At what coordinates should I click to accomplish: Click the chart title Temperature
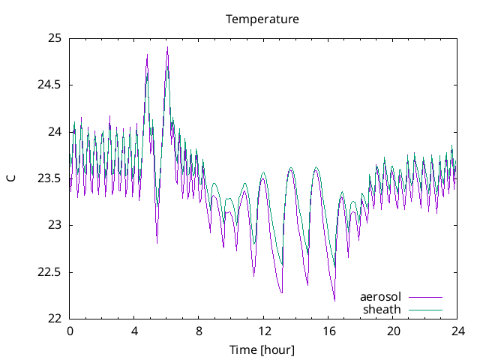pos(262,19)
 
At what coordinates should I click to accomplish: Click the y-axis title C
pos(10,178)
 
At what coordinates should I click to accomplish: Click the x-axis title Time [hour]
pos(262,349)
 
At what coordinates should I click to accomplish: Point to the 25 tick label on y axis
pos(54,38)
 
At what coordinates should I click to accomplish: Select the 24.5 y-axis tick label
pos(49,85)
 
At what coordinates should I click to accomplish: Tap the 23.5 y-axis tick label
pos(49,178)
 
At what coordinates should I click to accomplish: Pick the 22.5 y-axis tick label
pos(49,272)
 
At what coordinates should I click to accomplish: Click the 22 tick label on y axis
pos(54,319)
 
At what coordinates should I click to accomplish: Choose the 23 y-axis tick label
pos(54,225)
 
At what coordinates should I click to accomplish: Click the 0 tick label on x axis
pos(70,331)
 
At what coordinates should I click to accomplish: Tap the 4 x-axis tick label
pos(134,331)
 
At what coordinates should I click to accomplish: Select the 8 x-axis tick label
pos(199,331)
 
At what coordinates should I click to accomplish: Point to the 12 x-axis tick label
pos(264,331)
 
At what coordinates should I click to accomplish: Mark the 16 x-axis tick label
pos(328,331)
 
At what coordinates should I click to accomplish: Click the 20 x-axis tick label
pos(393,331)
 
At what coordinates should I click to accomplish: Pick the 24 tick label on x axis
pos(457,331)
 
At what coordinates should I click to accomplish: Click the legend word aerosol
pos(380,297)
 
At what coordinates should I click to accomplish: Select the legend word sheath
pos(382,309)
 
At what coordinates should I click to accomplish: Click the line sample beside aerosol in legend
pos(424,298)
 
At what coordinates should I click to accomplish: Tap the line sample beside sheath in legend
pos(424,310)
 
